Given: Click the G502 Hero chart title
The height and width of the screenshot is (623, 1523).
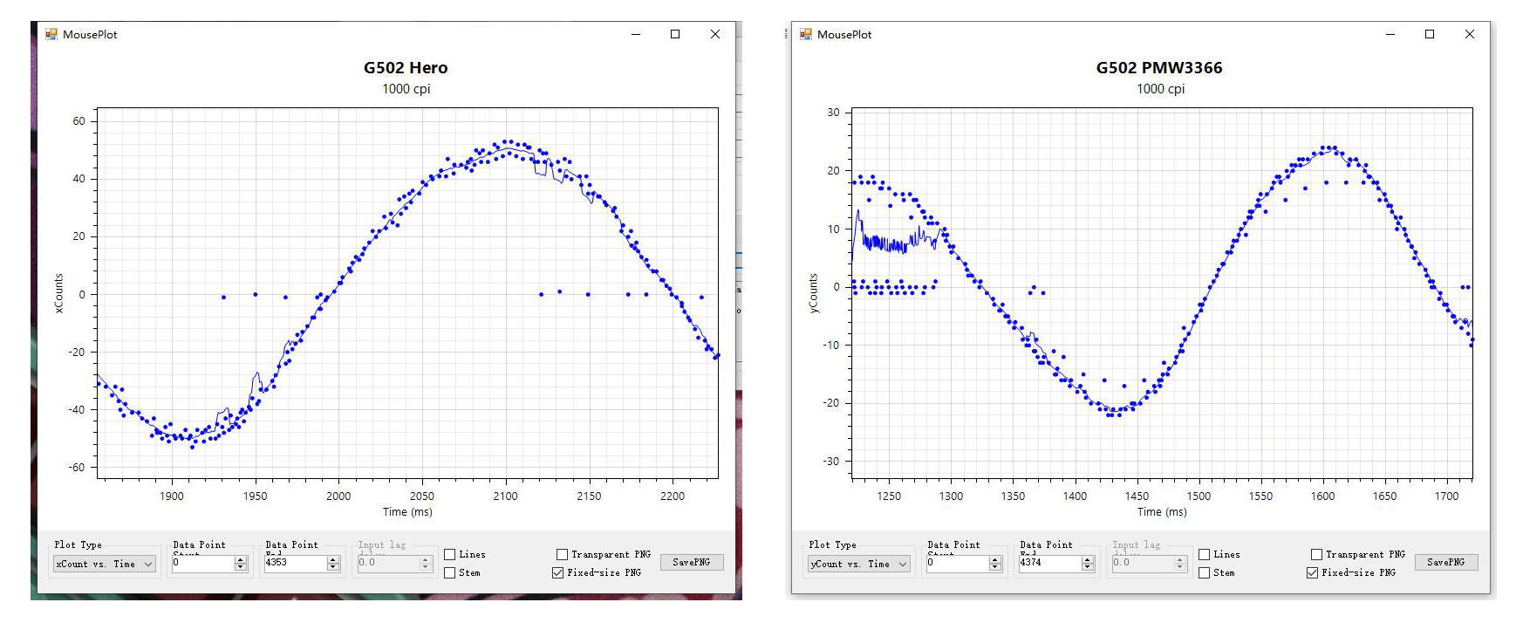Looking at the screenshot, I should (x=406, y=68).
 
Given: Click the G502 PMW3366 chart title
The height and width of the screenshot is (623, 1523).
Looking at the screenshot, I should (x=1159, y=68).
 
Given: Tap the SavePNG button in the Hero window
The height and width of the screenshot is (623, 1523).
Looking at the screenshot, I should (x=691, y=563).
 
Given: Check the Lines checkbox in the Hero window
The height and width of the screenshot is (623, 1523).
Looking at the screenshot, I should (x=450, y=555).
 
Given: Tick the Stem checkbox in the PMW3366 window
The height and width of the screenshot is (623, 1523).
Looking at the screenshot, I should (x=1205, y=573).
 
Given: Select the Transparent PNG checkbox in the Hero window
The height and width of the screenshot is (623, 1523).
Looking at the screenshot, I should (x=563, y=555).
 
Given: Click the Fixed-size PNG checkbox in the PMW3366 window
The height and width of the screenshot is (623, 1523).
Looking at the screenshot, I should (x=1312, y=573).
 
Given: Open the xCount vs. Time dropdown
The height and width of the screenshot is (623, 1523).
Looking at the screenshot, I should (x=105, y=565).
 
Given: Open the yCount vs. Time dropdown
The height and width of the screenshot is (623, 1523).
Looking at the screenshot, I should (x=859, y=565).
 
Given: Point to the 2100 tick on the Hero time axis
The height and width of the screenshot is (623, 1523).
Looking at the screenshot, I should (x=505, y=496).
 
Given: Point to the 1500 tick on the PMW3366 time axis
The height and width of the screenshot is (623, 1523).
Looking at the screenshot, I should (x=1199, y=496).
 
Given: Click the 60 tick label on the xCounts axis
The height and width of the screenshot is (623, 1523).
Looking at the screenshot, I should (x=79, y=121).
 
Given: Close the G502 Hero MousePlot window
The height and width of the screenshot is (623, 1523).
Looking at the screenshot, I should (x=715, y=34).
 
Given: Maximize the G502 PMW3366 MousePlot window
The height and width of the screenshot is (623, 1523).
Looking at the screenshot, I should (x=1430, y=34).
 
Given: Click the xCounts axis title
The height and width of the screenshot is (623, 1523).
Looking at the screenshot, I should (x=59, y=293).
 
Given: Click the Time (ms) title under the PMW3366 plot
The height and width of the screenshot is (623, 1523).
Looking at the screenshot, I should (x=1161, y=512).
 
